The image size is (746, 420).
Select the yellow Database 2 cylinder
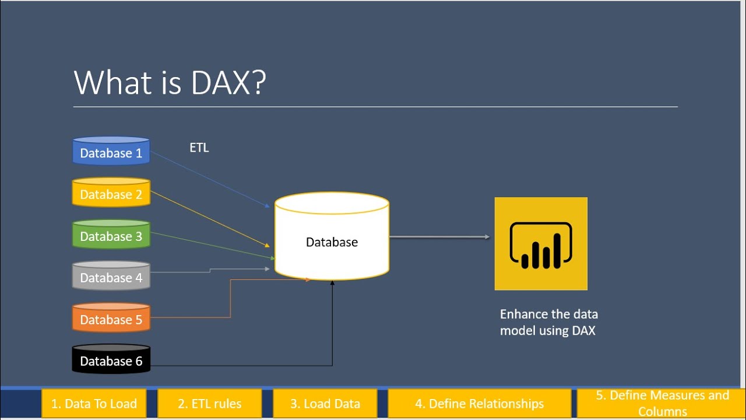click(x=111, y=192)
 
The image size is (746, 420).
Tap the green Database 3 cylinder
click(x=111, y=234)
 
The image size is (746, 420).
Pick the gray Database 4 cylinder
click(x=111, y=276)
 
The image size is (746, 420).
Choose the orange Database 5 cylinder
click(x=111, y=317)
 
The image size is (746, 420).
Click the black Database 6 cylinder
click(x=111, y=359)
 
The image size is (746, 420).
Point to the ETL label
click(x=199, y=148)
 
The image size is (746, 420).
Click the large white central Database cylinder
click(x=332, y=236)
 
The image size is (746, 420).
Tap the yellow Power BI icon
click(x=541, y=244)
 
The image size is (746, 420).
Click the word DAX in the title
click(x=220, y=82)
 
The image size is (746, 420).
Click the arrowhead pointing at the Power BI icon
click(x=487, y=237)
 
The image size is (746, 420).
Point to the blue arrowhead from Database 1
click(x=267, y=206)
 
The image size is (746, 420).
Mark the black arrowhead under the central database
click(x=332, y=283)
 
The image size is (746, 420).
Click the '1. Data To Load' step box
click(x=94, y=404)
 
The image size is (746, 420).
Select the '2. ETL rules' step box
click(x=209, y=404)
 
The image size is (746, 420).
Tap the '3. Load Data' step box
click(x=325, y=404)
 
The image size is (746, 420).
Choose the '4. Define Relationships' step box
click(x=479, y=404)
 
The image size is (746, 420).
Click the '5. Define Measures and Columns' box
click(x=661, y=403)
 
